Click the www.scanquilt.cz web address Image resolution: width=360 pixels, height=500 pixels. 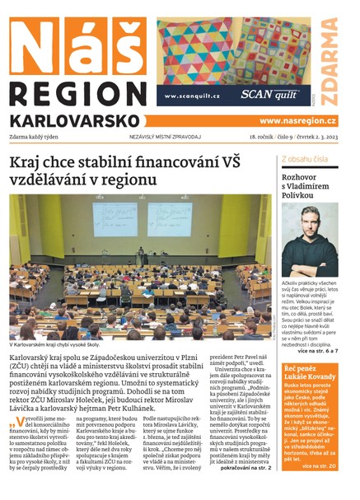point(192,96)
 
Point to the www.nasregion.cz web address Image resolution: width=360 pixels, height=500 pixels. point(297,120)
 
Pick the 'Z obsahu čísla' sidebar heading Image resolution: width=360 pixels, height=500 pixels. point(306,158)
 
